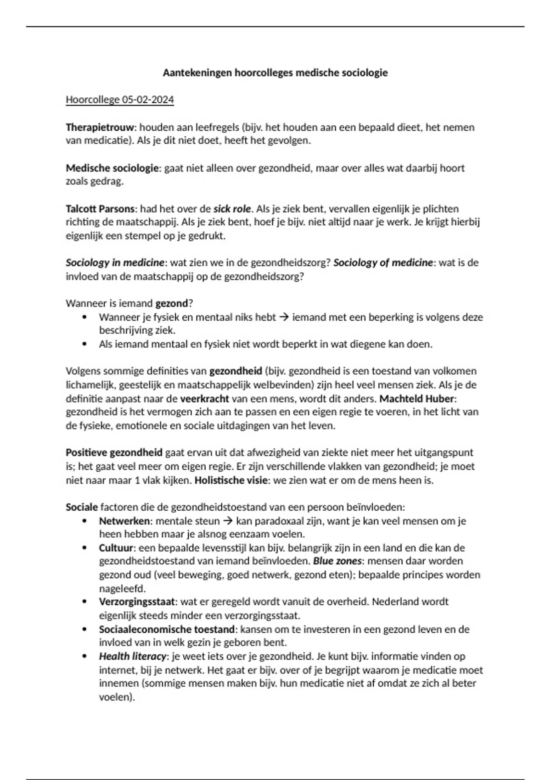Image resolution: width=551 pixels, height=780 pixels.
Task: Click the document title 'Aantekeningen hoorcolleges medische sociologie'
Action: click(275, 72)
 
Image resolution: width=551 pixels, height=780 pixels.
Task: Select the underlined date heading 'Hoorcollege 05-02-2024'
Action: click(120, 100)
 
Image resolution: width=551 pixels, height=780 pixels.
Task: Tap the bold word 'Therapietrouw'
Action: click(100, 127)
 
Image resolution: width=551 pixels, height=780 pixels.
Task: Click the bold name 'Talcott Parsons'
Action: click(100, 209)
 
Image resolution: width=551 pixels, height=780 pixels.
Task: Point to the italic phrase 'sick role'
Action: click(232, 209)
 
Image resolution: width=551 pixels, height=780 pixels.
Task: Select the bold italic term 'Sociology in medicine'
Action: click(115, 263)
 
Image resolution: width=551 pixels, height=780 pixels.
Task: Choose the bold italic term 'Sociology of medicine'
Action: click(383, 263)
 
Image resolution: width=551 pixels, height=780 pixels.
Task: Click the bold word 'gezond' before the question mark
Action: click(172, 303)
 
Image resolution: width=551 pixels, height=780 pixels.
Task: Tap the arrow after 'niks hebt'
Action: click(284, 317)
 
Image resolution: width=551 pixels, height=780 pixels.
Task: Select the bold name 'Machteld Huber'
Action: click(417, 398)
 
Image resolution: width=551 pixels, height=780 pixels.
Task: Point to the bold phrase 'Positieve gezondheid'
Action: click(114, 453)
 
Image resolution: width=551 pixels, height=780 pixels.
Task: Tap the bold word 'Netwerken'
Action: click(124, 521)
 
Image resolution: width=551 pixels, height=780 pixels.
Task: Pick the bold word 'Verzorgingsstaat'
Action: click(136, 602)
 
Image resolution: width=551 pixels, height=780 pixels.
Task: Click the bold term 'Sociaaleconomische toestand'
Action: click(167, 629)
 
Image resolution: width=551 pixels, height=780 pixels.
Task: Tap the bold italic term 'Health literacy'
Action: click(132, 656)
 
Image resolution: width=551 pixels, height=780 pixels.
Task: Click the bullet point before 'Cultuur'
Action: click(84, 548)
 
